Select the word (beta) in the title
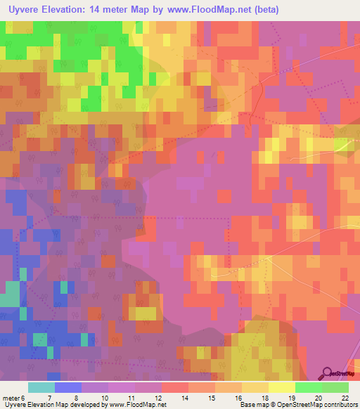tap(264, 10)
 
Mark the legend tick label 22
tap(345, 398)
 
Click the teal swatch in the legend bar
tap(41, 387)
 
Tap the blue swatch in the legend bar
tap(67, 387)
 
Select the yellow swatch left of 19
tap(281, 387)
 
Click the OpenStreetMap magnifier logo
tap(327, 373)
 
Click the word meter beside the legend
tap(10, 398)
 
